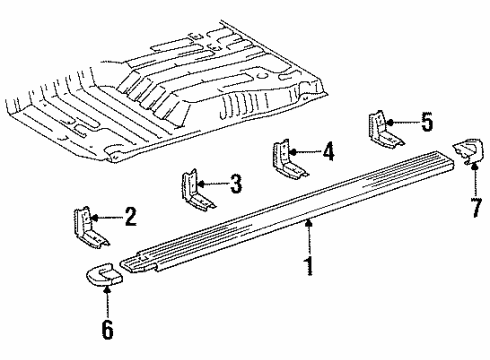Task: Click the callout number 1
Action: coord(310,265)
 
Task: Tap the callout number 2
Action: coord(130,217)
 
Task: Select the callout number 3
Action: coord(236,183)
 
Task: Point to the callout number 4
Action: coord(328,151)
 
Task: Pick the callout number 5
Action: coord(427,122)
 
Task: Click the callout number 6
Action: coord(107,329)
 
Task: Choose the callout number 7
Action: coord(477,208)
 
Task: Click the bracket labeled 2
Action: coord(89,228)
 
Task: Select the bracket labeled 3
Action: coord(197,189)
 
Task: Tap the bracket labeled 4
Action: coord(289,159)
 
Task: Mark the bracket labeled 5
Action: coord(385,129)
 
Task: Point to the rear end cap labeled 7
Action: coord(468,151)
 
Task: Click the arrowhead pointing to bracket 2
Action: coord(94,218)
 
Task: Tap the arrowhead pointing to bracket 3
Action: coord(201,184)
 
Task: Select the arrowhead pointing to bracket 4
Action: coord(293,152)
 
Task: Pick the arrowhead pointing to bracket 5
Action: coord(391,122)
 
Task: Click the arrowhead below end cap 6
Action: coord(107,291)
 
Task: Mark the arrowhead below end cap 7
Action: coord(474,166)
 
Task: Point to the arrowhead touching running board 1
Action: coord(310,223)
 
